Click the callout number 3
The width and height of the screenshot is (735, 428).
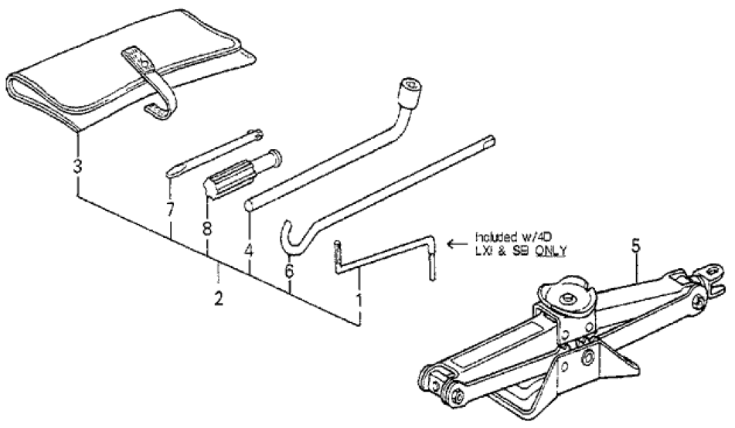(77, 165)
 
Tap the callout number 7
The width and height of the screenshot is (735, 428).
(171, 209)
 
